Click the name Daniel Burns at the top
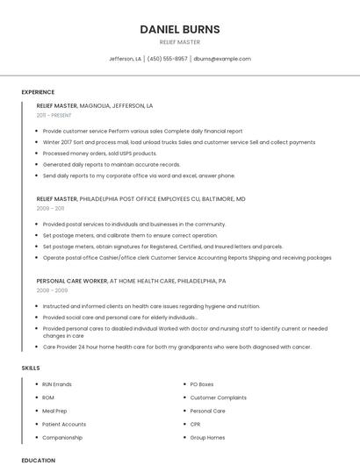180,29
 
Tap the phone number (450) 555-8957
167,59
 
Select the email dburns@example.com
222,59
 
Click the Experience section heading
38,92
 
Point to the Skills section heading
31,368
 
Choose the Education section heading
38,460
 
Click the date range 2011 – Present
54,115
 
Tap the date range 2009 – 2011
50,208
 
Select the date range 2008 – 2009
52,290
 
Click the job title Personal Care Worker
72,281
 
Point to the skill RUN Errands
57,384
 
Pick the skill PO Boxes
202,384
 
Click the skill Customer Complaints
219,397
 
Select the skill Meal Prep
54,411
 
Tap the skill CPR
196,424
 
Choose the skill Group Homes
208,437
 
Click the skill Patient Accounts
64,424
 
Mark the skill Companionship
62,437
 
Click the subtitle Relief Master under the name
180,42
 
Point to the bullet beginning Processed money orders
99,153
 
